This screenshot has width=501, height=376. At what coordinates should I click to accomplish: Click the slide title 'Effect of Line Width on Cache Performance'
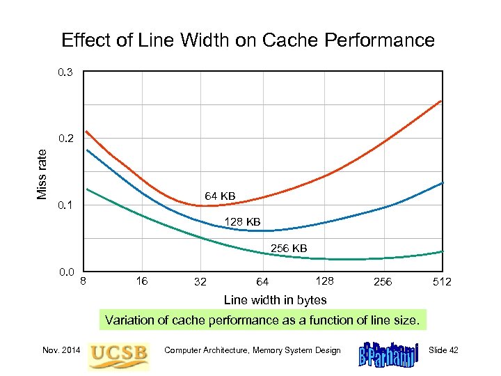pyautogui.click(x=248, y=40)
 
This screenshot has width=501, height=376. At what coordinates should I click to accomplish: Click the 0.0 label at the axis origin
pyautogui.click(x=67, y=272)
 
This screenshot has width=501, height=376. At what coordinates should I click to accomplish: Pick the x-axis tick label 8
pyautogui.click(x=83, y=281)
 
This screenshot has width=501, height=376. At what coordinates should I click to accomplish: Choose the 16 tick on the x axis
pyautogui.click(x=142, y=281)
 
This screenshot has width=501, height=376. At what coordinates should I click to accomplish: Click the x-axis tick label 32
pyautogui.click(x=200, y=282)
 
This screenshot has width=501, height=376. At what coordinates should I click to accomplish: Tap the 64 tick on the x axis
pyautogui.click(x=262, y=282)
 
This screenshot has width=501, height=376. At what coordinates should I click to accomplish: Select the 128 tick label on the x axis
pyautogui.click(x=324, y=281)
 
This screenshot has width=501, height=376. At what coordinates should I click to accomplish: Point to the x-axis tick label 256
pyautogui.click(x=383, y=282)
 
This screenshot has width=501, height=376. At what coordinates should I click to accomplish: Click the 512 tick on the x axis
pyautogui.click(x=442, y=282)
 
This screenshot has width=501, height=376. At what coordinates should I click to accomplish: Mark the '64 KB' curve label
pyautogui.click(x=219, y=196)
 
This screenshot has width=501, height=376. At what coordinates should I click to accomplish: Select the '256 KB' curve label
pyautogui.click(x=288, y=248)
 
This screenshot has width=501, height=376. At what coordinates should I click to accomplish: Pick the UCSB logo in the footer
pyautogui.click(x=118, y=354)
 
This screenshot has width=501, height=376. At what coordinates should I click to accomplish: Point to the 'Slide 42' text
pyautogui.click(x=443, y=350)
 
